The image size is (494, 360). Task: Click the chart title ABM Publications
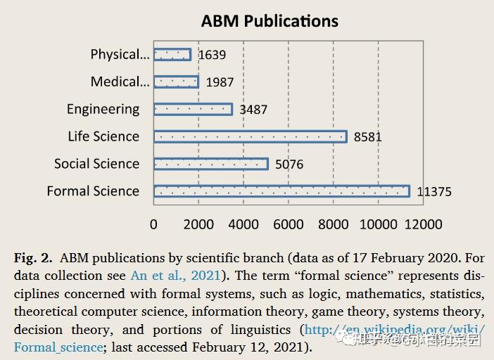pos(270,21)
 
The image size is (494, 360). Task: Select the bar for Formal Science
pos(281,191)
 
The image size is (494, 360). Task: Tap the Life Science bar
pos(250,136)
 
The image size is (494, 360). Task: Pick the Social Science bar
pos(210,164)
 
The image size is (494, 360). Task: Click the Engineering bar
pos(193,109)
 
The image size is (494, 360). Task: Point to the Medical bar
pos(176,82)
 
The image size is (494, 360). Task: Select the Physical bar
pos(172,54)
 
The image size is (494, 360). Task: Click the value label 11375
pos(433,192)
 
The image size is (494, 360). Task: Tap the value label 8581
pos(367,137)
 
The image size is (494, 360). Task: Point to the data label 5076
pos(289,165)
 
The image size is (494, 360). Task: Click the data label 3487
pos(253,110)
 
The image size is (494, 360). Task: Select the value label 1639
pos(212,55)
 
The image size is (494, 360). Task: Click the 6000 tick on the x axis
pos(289,224)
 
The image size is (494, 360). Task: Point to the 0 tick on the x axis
pos(154,224)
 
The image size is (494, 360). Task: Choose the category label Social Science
pos(96,164)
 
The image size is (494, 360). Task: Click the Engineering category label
pos(103,109)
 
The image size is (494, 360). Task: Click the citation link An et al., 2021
pos(175,276)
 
